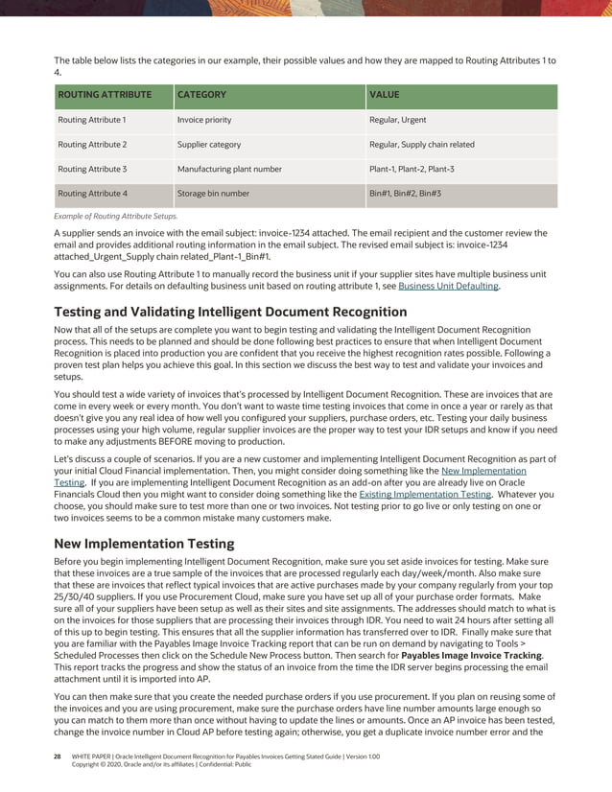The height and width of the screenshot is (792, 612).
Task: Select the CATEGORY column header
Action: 201,95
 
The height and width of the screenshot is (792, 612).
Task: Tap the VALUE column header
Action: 385,95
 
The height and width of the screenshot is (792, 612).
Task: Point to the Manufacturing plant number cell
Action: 229,169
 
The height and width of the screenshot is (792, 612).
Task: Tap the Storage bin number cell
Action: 213,194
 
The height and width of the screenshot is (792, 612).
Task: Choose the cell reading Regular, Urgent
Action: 398,120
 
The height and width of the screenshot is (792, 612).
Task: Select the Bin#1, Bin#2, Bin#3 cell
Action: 405,194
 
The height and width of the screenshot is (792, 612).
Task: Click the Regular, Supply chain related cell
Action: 422,145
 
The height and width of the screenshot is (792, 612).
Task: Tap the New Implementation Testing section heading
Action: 144,543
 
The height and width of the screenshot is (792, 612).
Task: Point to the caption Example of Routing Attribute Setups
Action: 116,217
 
